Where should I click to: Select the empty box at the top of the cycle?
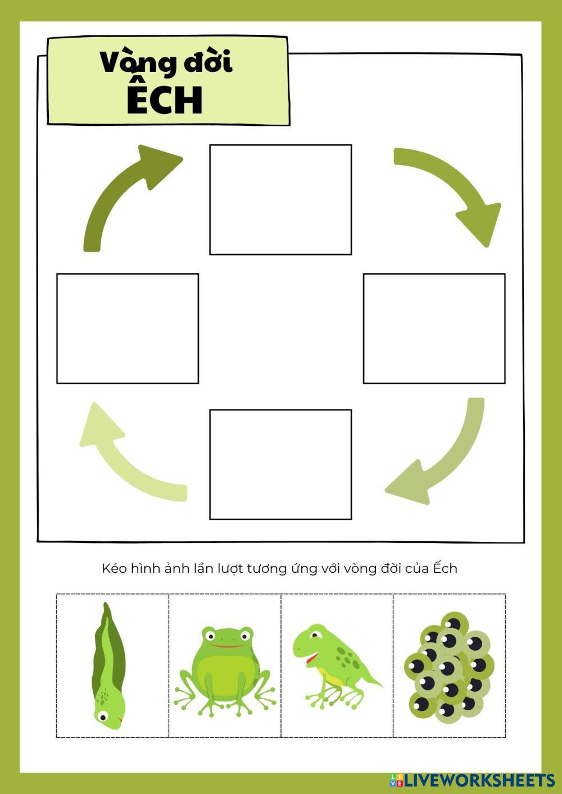(280, 199)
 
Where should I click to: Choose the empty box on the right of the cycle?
(434, 328)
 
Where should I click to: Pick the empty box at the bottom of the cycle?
(280, 465)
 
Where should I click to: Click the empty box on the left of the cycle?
(128, 328)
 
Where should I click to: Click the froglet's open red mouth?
(310, 659)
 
